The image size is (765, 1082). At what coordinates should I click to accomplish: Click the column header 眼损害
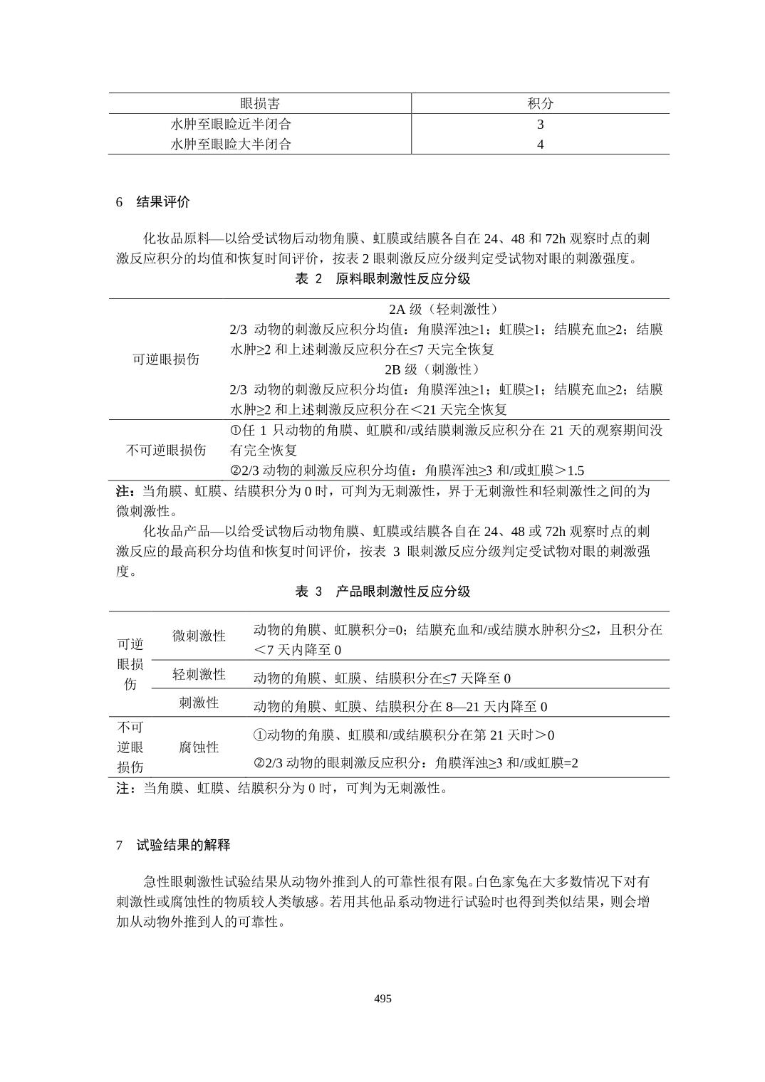(259, 104)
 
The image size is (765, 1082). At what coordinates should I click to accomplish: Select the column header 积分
(540, 104)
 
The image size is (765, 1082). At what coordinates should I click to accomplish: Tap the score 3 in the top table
(540, 125)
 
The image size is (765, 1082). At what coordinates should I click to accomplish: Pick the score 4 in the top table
(540, 145)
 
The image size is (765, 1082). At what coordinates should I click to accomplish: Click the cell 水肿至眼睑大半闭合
(231, 145)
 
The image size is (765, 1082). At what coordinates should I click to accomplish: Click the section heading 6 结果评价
(153, 202)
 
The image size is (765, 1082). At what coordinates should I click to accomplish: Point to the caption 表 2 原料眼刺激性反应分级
(382, 279)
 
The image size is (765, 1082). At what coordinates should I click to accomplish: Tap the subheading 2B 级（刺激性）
(433, 369)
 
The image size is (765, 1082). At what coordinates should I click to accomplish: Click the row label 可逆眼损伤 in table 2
(166, 359)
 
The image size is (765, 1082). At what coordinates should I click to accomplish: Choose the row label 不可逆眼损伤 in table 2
(166, 450)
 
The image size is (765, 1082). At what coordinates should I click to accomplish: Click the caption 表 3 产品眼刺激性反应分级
(382, 592)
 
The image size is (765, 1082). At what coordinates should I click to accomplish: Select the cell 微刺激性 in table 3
(199, 636)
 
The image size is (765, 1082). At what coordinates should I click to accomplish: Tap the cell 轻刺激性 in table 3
(199, 674)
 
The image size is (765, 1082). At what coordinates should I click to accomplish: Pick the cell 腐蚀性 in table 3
(199, 747)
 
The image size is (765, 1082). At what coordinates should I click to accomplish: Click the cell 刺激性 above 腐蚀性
(199, 703)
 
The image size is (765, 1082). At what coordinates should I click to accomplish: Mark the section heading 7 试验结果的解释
(173, 845)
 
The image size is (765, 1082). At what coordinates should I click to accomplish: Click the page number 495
(382, 999)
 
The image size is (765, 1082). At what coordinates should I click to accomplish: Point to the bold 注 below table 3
(123, 788)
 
